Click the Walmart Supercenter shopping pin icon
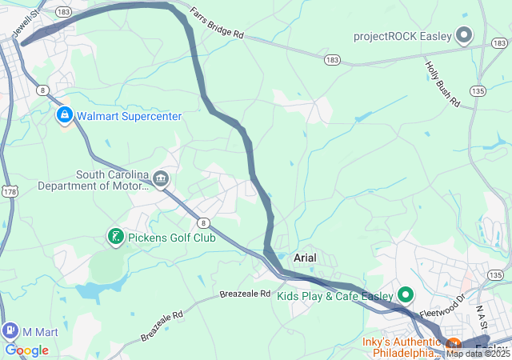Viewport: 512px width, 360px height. click(x=65, y=116)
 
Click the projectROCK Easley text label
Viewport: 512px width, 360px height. click(x=402, y=37)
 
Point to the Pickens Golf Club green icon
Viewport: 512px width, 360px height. click(x=116, y=236)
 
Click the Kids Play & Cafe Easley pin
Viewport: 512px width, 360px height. click(x=405, y=295)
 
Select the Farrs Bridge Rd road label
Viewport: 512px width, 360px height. click(x=217, y=24)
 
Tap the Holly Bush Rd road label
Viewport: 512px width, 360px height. click(x=442, y=85)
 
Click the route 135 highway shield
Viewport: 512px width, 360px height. click(x=478, y=90)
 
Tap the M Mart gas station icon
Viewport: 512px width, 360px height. click(x=10, y=330)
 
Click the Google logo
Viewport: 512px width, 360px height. click(x=26, y=350)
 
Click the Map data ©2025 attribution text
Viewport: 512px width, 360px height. click(x=478, y=354)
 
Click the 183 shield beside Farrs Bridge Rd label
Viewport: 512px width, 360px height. click(x=333, y=60)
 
